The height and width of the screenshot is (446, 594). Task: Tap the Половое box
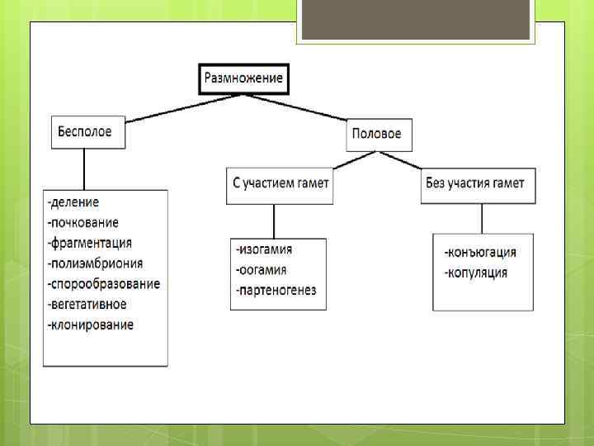[377, 134]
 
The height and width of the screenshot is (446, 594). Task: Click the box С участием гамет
[279, 184]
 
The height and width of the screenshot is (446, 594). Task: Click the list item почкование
[83, 222]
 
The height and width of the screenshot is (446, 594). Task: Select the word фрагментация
[91, 243]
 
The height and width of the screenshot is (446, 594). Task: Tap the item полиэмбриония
[96, 263]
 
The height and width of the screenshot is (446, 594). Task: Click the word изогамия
[265, 249]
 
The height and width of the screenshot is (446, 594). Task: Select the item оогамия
[262, 270]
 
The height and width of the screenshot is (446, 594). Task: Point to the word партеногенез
[276, 291]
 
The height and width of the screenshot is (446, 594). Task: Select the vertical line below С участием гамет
[274, 221]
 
